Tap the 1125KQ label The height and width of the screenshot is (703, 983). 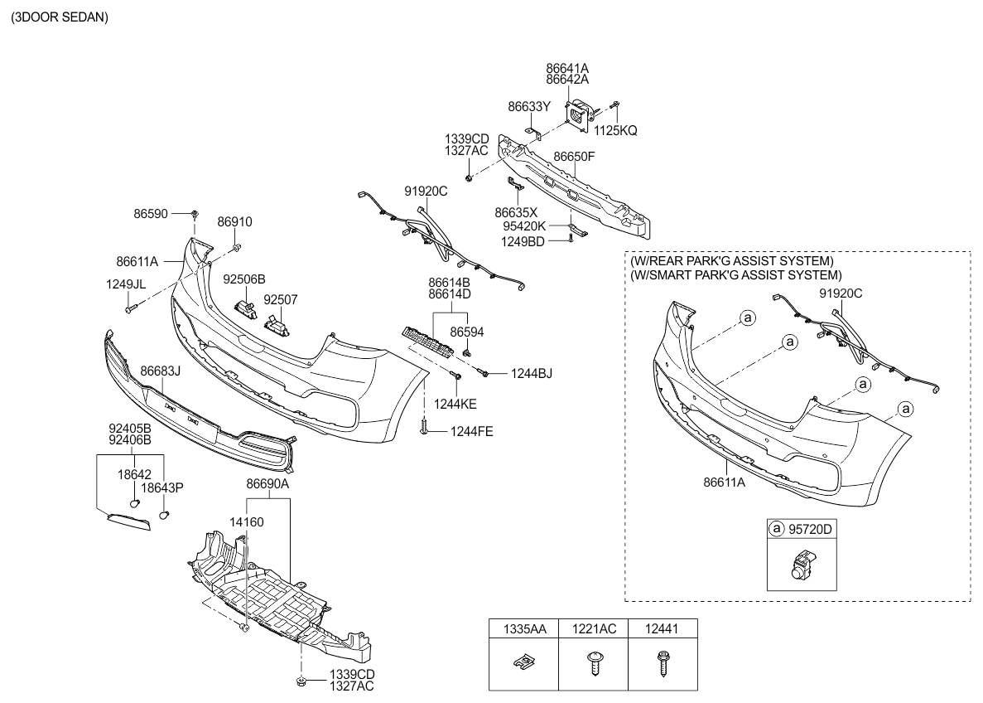[x=615, y=130]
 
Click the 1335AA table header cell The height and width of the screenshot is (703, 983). [x=524, y=629]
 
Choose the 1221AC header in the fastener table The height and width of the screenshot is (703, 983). [x=595, y=629]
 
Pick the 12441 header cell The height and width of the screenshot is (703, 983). [x=662, y=629]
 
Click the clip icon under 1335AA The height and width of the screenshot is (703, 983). [x=524, y=662]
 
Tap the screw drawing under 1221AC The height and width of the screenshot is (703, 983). [x=595, y=663]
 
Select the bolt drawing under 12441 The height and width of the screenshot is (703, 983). [x=662, y=663]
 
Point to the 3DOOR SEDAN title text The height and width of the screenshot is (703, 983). [x=59, y=17]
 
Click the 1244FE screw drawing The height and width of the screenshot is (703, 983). [x=423, y=429]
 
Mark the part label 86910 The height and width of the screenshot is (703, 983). [x=234, y=222]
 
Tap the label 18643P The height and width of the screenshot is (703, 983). [x=161, y=487]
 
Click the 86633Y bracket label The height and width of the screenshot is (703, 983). [x=528, y=106]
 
